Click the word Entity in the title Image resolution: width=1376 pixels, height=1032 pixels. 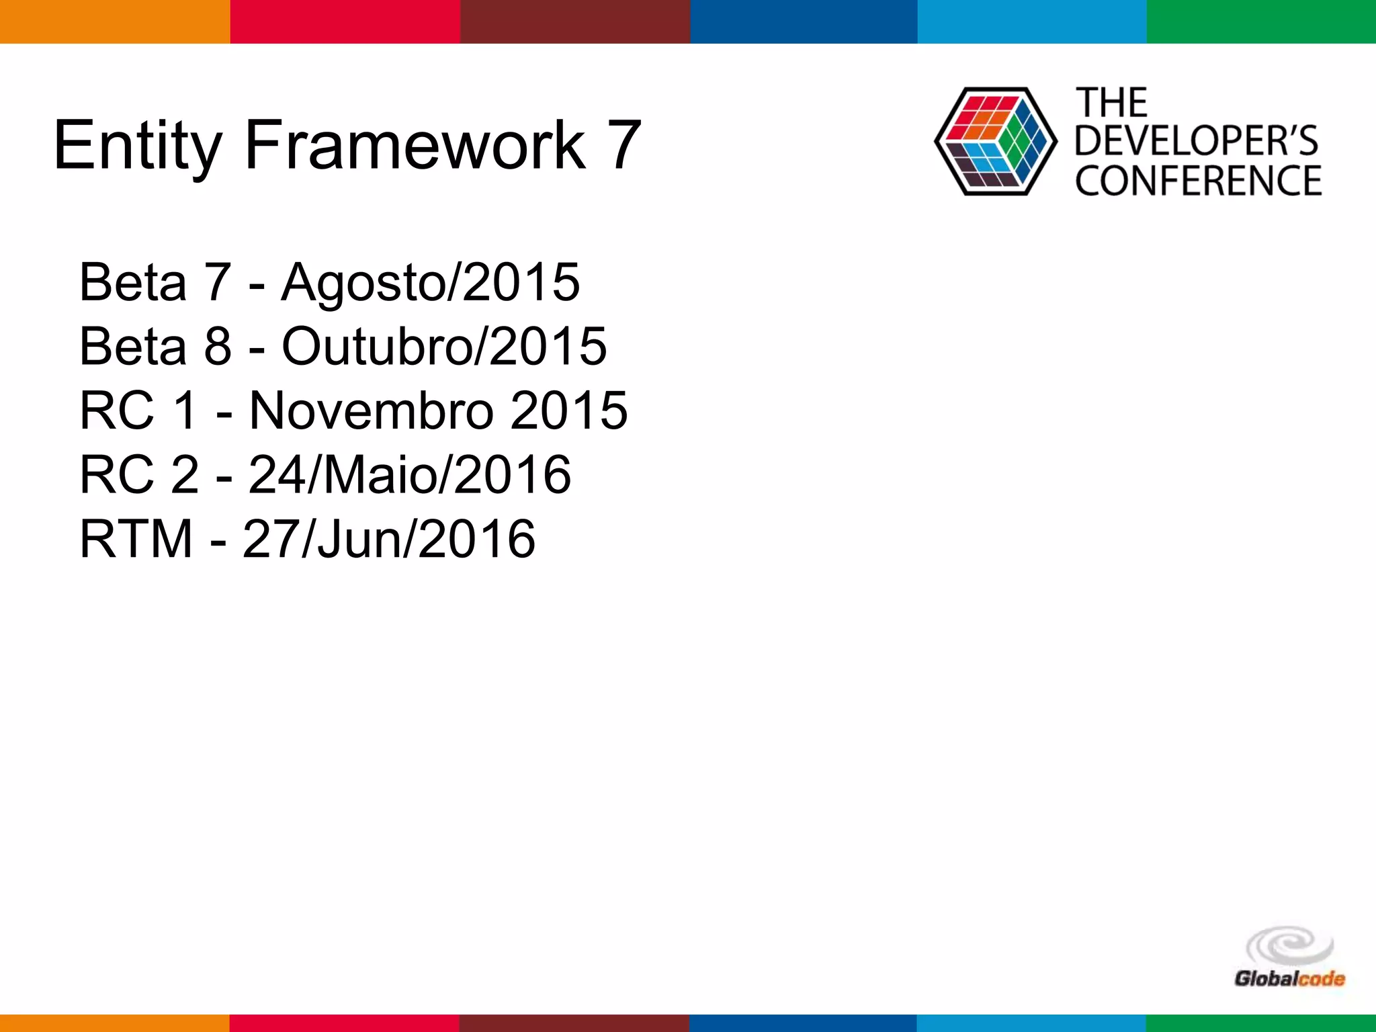(137, 145)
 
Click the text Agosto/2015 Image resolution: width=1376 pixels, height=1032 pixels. (430, 282)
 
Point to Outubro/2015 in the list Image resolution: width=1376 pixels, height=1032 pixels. (443, 346)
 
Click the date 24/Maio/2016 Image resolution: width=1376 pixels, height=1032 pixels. (410, 474)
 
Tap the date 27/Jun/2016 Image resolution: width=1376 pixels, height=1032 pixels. (389, 539)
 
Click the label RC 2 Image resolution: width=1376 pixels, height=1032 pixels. (139, 474)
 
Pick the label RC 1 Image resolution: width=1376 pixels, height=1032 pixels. (139, 410)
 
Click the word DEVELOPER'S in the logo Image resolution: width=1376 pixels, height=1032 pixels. (1197, 140)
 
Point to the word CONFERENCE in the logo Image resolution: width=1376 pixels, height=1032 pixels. (1198, 180)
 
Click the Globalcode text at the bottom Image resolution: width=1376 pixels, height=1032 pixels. (1289, 978)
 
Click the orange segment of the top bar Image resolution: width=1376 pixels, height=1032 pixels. (115, 21)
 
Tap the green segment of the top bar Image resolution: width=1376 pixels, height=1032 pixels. (1261, 21)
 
